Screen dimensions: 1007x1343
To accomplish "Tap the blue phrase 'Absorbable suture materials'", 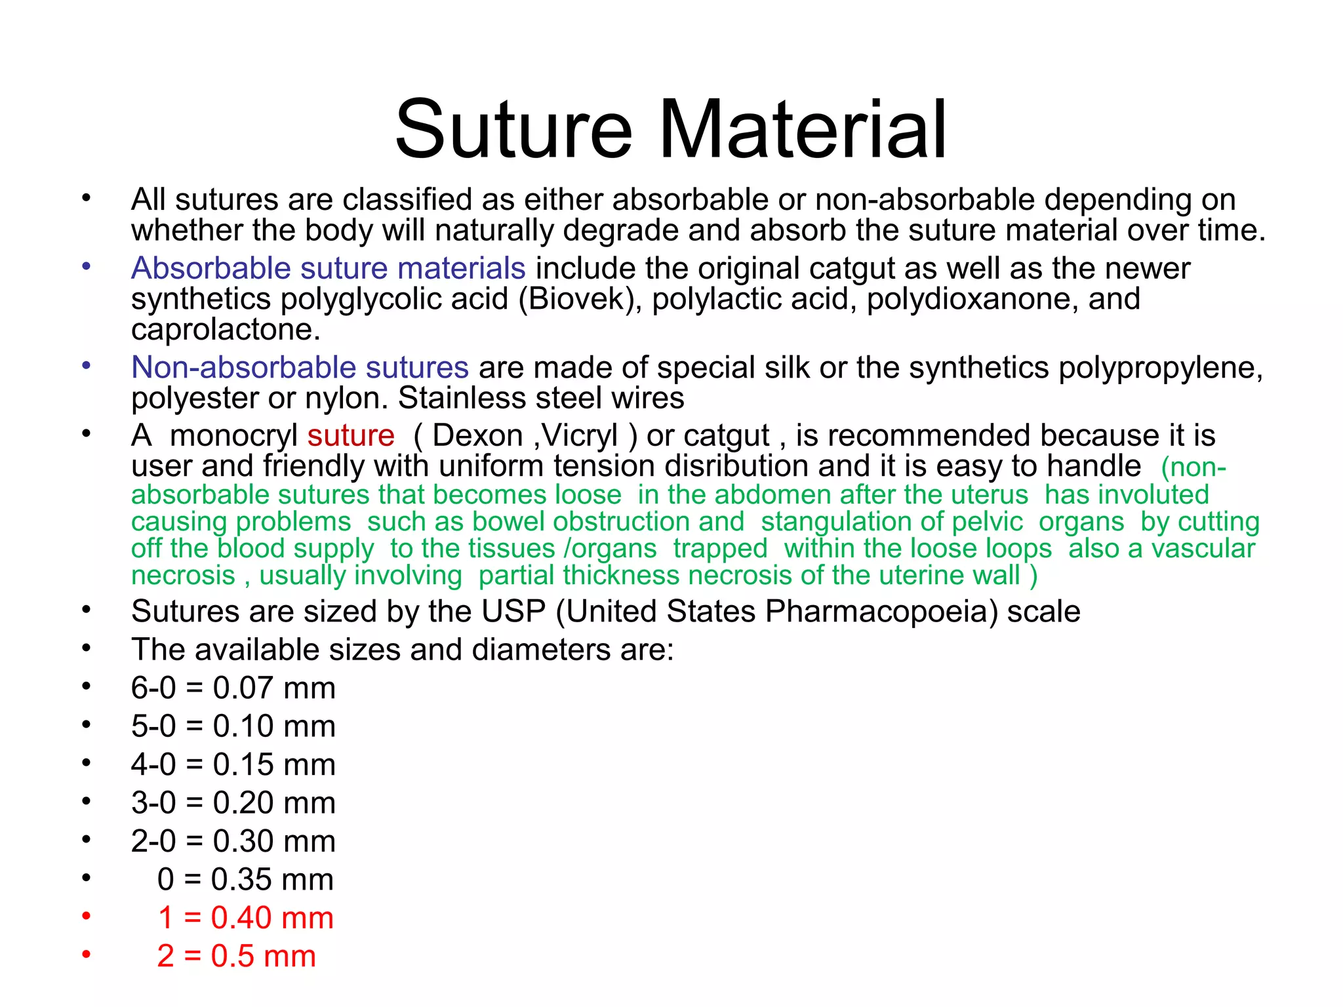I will [328, 268].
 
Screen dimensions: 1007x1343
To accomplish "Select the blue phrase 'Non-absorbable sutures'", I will [300, 367].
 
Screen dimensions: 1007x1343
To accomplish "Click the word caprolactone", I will [226, 329].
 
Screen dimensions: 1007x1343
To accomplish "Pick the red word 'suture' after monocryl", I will [351, 435].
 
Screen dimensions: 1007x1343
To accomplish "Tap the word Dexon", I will [477, 435].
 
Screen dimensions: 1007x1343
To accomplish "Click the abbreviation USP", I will [513, 611].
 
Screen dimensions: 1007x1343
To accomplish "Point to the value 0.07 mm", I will [274, 688].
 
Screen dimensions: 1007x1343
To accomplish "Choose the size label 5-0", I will [153, 726].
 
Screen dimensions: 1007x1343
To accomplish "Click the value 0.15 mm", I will [274, 764].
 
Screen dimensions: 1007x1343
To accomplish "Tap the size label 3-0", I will [153, 802].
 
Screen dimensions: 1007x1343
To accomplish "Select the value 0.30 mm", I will [274, 841].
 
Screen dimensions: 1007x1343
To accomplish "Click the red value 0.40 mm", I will [272, 918].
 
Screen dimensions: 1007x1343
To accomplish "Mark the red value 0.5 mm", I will [263, 956].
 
